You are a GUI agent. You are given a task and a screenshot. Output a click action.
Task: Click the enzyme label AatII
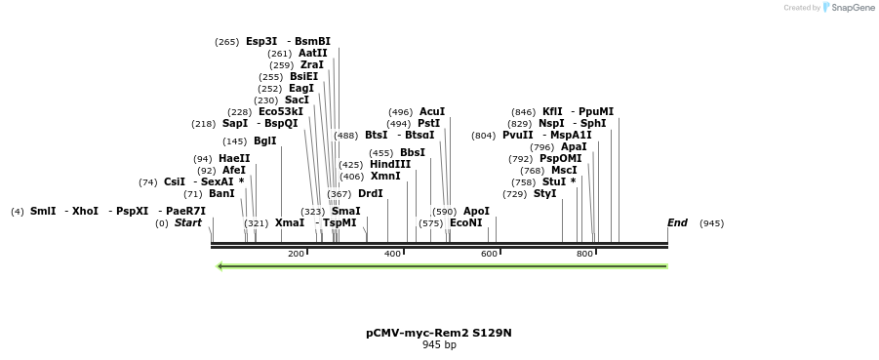(x=313, y=54)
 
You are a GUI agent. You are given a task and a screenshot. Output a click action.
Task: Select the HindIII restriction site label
(x=390, y=165)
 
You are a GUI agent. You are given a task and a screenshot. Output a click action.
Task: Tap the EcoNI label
(x=465, y=223)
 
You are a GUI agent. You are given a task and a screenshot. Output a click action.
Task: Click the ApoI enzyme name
(x=476, y=212)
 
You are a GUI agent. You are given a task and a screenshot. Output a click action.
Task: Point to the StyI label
(x=544, y=194)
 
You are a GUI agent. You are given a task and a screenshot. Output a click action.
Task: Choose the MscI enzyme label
(x=564, y=171)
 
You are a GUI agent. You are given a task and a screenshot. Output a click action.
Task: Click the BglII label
(x=264, y=141)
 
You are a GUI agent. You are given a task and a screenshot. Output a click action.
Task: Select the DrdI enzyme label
(x=370, y=194)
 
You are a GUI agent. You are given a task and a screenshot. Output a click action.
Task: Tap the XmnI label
(x=385, y=177)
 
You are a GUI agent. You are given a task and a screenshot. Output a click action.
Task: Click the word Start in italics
(x=187, y=223)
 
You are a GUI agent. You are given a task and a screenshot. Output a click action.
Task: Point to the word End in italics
(x=677, y=223)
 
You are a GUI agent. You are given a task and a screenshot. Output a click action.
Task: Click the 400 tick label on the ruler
(x=392, y=254)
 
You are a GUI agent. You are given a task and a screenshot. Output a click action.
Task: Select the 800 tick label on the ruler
(x=584, y=254)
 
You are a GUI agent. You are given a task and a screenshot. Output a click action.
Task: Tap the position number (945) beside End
(x=711, y=223)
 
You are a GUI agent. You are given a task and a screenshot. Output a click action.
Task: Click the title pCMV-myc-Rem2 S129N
(x=439, y=333)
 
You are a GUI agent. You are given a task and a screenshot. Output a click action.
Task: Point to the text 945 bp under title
(x=439, y=344)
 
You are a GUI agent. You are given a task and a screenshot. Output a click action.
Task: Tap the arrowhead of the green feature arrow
(x=220, y=265)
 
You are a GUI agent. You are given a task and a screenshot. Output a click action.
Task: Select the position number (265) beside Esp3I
(x=227, y=42)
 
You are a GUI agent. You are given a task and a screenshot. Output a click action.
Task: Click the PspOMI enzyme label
(x=560, y=159)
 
